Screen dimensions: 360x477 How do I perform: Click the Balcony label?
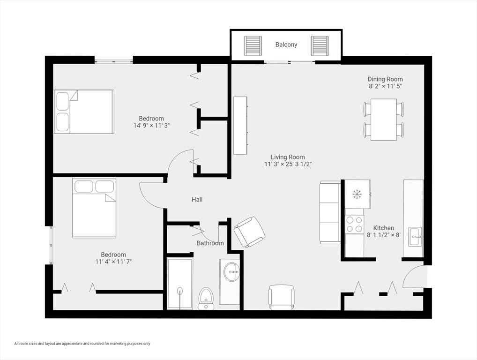[x=286, y=45]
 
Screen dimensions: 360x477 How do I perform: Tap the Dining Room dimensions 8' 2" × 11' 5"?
[x=385, y=87]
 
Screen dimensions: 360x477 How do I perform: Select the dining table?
[x=384, y=120]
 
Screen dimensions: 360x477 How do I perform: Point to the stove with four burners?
[x=354, y=225]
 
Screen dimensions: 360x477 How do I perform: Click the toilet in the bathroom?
[x=205, y=298]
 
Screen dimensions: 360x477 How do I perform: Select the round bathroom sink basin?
[x=231, y=271]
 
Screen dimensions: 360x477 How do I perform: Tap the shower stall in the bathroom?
[x=180, y=283]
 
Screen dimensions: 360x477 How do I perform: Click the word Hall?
[x=197, y=200]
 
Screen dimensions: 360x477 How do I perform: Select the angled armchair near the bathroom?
[x=249, y=232]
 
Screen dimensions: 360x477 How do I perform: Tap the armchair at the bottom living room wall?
[x=281, y=297]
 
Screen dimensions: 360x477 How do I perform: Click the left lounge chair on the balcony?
[x=253, y=45]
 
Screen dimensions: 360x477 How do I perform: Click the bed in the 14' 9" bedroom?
[x=84, y=112]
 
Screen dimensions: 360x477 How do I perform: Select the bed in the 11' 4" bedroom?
[x=94, y=208]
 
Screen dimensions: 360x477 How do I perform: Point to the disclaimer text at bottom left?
[x=82, y=344]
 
